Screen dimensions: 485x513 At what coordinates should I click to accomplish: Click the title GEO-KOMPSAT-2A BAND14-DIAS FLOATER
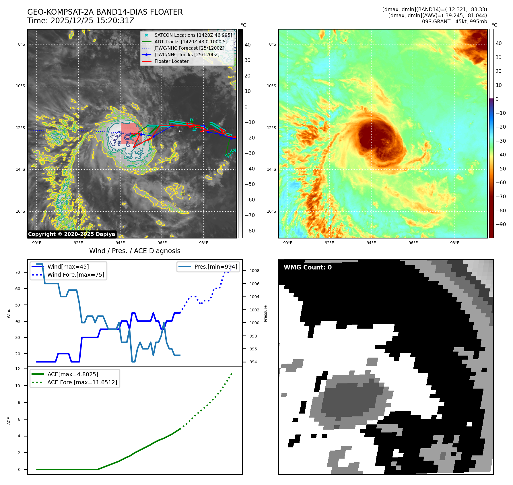point(105,12)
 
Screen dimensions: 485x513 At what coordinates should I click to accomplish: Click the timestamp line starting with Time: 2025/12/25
point(81,21)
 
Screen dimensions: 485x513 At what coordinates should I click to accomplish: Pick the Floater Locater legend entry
point(171,61)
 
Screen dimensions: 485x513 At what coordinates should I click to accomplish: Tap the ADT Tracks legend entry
point(191,42)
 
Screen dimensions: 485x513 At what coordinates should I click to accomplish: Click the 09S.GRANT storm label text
point(454,22)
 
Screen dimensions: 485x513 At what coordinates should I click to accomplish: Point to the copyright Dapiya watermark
point(71,234)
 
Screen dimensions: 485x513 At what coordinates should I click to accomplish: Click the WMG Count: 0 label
point(308,267)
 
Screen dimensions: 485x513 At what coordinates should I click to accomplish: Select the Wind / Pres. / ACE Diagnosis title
point(135,251)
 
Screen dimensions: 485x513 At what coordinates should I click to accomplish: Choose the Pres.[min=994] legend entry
point(216,267)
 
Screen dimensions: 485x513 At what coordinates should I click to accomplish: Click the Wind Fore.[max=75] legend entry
point(76,275)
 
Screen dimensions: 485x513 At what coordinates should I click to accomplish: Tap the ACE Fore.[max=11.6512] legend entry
point(82,382)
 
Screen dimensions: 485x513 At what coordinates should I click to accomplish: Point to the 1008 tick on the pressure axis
point(254,271)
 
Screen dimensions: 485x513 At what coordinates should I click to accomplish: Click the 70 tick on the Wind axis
point(18,272)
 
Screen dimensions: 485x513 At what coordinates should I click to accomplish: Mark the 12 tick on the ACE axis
point(18,369)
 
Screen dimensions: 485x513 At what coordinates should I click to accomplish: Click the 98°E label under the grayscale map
point(204,243)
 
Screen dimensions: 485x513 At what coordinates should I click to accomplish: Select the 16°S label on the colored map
point(271,211)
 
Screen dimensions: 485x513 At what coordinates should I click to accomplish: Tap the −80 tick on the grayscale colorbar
point(250,231)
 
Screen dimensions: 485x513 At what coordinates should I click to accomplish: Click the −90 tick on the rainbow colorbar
point(501,224)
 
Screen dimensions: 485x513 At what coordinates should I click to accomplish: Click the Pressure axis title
point(265,313)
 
